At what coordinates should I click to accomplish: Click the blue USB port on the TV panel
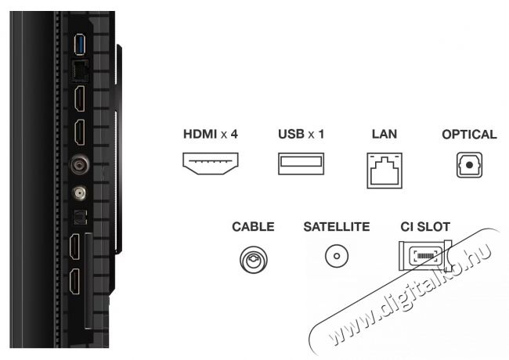80,45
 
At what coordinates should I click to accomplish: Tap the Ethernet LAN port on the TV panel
80,70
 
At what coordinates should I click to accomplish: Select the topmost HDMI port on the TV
80,99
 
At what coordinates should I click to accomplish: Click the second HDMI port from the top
80,132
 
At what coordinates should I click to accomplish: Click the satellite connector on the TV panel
79,193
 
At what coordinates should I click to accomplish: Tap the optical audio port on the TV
79,217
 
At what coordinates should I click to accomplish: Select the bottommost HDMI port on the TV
74,282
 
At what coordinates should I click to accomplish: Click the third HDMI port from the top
74,247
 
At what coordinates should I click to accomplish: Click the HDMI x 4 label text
211,134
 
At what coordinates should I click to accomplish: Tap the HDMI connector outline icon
211,164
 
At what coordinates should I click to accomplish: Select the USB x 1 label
301,134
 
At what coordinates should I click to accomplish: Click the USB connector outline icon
301,164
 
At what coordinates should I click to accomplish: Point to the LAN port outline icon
384,171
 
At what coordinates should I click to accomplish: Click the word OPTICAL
469,135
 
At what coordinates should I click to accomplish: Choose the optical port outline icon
469,165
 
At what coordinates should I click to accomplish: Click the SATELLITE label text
336,227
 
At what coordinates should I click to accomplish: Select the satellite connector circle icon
337,256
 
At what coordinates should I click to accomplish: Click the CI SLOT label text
425,227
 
